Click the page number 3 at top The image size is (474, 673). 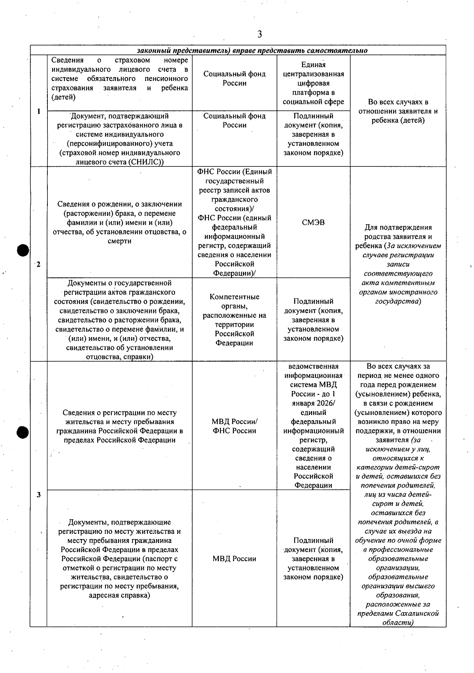(x=260, y=35)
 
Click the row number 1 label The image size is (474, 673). (x=39, y=111)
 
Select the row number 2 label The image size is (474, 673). (x=38, y=264)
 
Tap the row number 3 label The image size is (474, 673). (x=38, y=495)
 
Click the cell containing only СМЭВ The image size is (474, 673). (x=313, y=222)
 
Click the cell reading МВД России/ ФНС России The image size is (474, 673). (x=234, y=426)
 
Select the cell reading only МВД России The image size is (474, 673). (x=234, y=558)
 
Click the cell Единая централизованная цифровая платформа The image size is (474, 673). (x=313, y=83)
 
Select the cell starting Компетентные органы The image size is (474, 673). (x=234, y=319)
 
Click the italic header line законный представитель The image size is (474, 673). (x=252, y=51)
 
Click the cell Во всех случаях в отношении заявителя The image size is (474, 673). (x=398, y=111)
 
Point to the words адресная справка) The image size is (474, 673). (x=119, y=596)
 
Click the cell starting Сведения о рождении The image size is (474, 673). (x=119, y=222)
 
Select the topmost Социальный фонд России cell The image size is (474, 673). (x=234, y=79)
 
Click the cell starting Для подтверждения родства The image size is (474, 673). (x=398, y=264)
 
